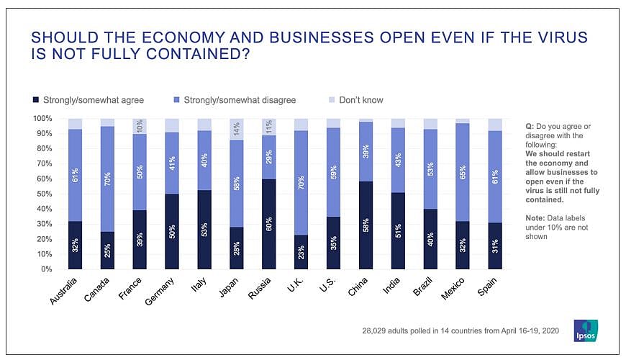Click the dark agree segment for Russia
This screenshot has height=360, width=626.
[x=269, y=224]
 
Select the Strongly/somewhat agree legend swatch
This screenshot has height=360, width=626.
[x=36, y=100]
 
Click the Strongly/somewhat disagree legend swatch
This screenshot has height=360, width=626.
[x=178, y=100]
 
